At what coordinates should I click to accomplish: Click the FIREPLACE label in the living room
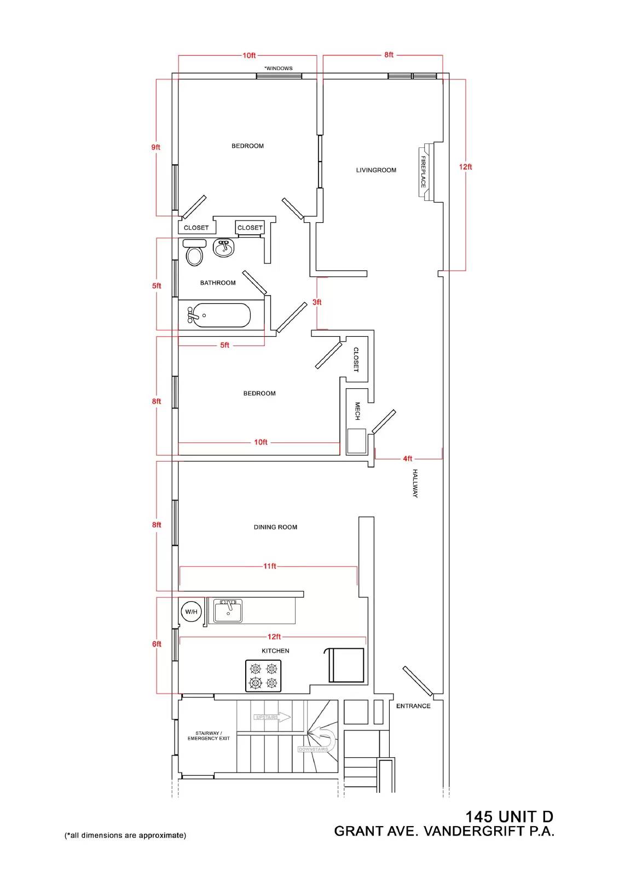pos(423,172)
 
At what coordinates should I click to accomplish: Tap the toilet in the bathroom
pos(194,252)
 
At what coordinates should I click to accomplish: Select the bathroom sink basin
pos(224,249)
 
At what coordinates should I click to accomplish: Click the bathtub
pos(219,315)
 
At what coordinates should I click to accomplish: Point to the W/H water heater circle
pos(191,612)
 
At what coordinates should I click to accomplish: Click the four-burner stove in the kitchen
pos(263,676)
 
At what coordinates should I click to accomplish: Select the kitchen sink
pos(228,611)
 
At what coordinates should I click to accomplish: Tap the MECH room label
pos(357,411)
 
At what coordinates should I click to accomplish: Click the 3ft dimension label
pos(317,302)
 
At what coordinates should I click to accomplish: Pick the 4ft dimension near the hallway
pos(407,458)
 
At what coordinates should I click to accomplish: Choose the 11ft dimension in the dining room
pos(269,566)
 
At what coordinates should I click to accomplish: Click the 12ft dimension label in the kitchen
pos(274,637)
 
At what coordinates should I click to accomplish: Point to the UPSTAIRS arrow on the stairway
pos(272,717)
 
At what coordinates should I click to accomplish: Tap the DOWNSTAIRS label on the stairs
pos(313,750)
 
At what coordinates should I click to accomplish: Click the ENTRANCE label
pos(413,706)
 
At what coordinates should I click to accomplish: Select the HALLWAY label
pos(415,483)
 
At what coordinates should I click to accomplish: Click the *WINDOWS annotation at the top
pos(279,68)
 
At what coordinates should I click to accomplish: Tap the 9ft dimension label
pos(155,147)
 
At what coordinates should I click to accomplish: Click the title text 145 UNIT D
pos(509,817)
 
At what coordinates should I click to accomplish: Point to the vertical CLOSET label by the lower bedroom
pos(356,359)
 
